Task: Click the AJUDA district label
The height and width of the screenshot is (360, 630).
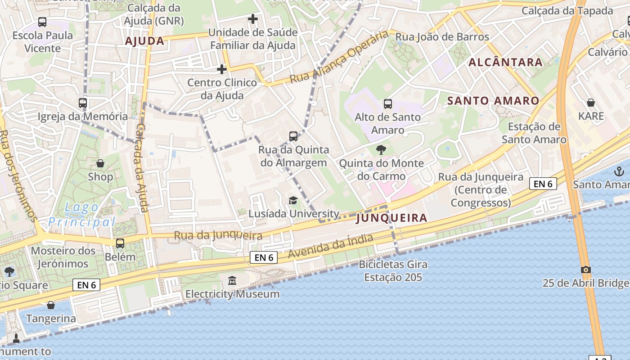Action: (144, 41)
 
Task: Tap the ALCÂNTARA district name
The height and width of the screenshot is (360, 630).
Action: (506, 63)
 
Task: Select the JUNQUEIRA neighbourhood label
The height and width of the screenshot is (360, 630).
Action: (391, 218)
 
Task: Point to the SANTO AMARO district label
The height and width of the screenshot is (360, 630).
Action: (493, 101)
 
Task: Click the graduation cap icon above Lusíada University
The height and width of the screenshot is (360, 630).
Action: (293, 200)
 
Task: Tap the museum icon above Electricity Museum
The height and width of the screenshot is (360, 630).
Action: (232, 281)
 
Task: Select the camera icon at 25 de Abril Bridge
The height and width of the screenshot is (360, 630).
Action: (585, 270)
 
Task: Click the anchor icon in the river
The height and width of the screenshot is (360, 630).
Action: (620, 171)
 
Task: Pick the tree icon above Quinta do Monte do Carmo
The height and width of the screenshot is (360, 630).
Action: (381, 149)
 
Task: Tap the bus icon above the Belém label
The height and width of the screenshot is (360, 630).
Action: (120, 243)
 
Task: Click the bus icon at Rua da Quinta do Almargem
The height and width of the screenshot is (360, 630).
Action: (293, 136)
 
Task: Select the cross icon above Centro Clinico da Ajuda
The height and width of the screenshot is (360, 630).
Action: (222, 69)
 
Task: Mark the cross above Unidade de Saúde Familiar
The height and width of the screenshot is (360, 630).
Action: (253, 19)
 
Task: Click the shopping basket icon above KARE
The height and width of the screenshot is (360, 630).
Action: (590, 103)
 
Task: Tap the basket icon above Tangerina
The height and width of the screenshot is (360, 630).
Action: (51, 305)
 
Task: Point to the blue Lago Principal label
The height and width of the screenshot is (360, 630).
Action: (82, 215)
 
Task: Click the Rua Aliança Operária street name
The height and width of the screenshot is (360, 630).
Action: (338, 57)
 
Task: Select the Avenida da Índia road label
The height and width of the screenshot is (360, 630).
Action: (331, 246)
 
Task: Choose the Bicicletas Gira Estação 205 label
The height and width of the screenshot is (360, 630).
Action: (393, 270)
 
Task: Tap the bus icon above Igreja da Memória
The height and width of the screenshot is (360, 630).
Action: (83, 103)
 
